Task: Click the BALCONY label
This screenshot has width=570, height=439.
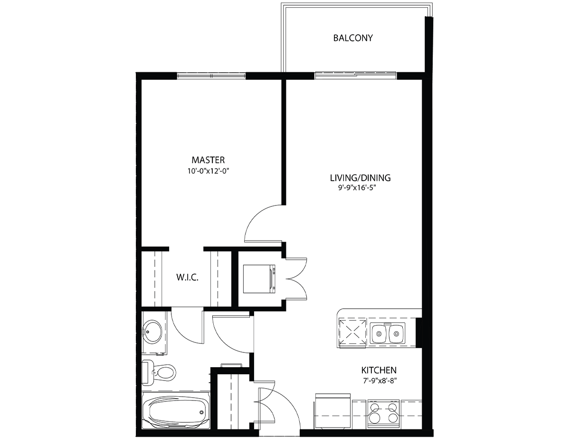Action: [353, 38]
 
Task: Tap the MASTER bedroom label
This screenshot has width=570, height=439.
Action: [208, 160]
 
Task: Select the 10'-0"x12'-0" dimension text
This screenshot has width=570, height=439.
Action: [208, 171]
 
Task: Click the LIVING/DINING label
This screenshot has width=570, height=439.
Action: [360, 178]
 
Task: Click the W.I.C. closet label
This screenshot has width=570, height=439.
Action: [187, 277]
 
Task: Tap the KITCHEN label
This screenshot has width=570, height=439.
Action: [379, 370]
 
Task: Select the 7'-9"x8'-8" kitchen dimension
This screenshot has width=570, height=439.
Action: [380, 380]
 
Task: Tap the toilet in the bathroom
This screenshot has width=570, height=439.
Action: [159, 372]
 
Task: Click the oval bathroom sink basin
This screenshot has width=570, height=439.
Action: [152, 332]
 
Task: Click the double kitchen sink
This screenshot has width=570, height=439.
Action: [388, 333]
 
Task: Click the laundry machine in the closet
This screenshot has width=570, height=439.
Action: [259, 279]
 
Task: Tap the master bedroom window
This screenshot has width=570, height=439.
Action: [211, 76]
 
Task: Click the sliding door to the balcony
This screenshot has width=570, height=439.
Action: [355, 75]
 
